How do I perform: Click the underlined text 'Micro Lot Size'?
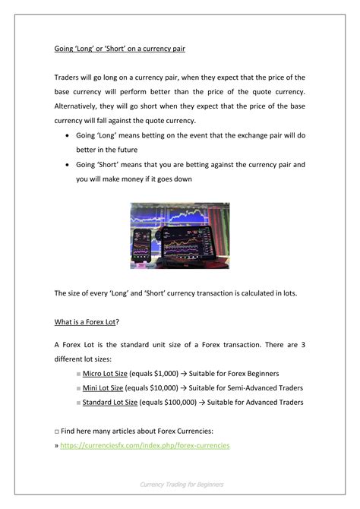[105, 374]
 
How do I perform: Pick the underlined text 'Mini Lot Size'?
[103, 388]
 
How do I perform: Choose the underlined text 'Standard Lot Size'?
[110, 403]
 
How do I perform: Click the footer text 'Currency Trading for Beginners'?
[181, 483]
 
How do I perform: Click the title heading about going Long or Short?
[118, 48]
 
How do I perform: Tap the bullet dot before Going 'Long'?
[69, 136]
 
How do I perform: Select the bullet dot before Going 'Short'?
[69, 165]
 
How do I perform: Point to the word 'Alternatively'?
[81, 106]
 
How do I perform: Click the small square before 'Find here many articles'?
[57, 431]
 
